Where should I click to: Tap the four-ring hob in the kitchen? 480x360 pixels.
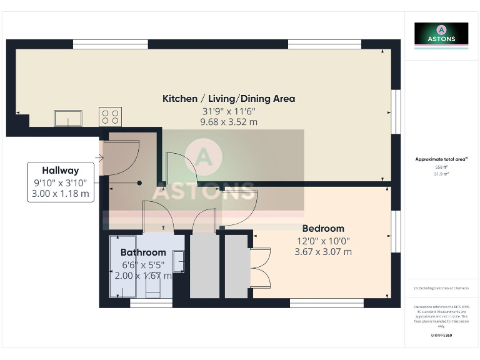(x=110, y=116)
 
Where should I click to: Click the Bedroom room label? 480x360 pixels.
(x=322, y=228)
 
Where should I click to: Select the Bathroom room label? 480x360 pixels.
(x=142, y=252)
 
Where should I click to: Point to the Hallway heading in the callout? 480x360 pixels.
(x=60, y=170)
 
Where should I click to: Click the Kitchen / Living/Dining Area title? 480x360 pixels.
(x=229, y=99)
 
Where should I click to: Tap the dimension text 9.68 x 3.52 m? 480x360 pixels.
(x=229, y=122)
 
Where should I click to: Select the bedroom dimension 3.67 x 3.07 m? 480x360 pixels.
(x=322, y=252)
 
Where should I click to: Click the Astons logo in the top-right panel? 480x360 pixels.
(x=441, y=34)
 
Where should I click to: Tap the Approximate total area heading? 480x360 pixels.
(x=442, y=159)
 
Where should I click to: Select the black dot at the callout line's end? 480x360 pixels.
(x=139, y=183)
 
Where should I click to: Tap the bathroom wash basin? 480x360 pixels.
(x=178, y=259)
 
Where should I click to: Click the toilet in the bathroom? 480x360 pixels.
(x=152, y=287)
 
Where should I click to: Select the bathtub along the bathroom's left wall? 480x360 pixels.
(x=119, y=267)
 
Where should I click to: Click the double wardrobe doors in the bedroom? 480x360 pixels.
(x=261, y=267)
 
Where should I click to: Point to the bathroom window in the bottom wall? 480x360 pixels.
(x=151, y=304)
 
